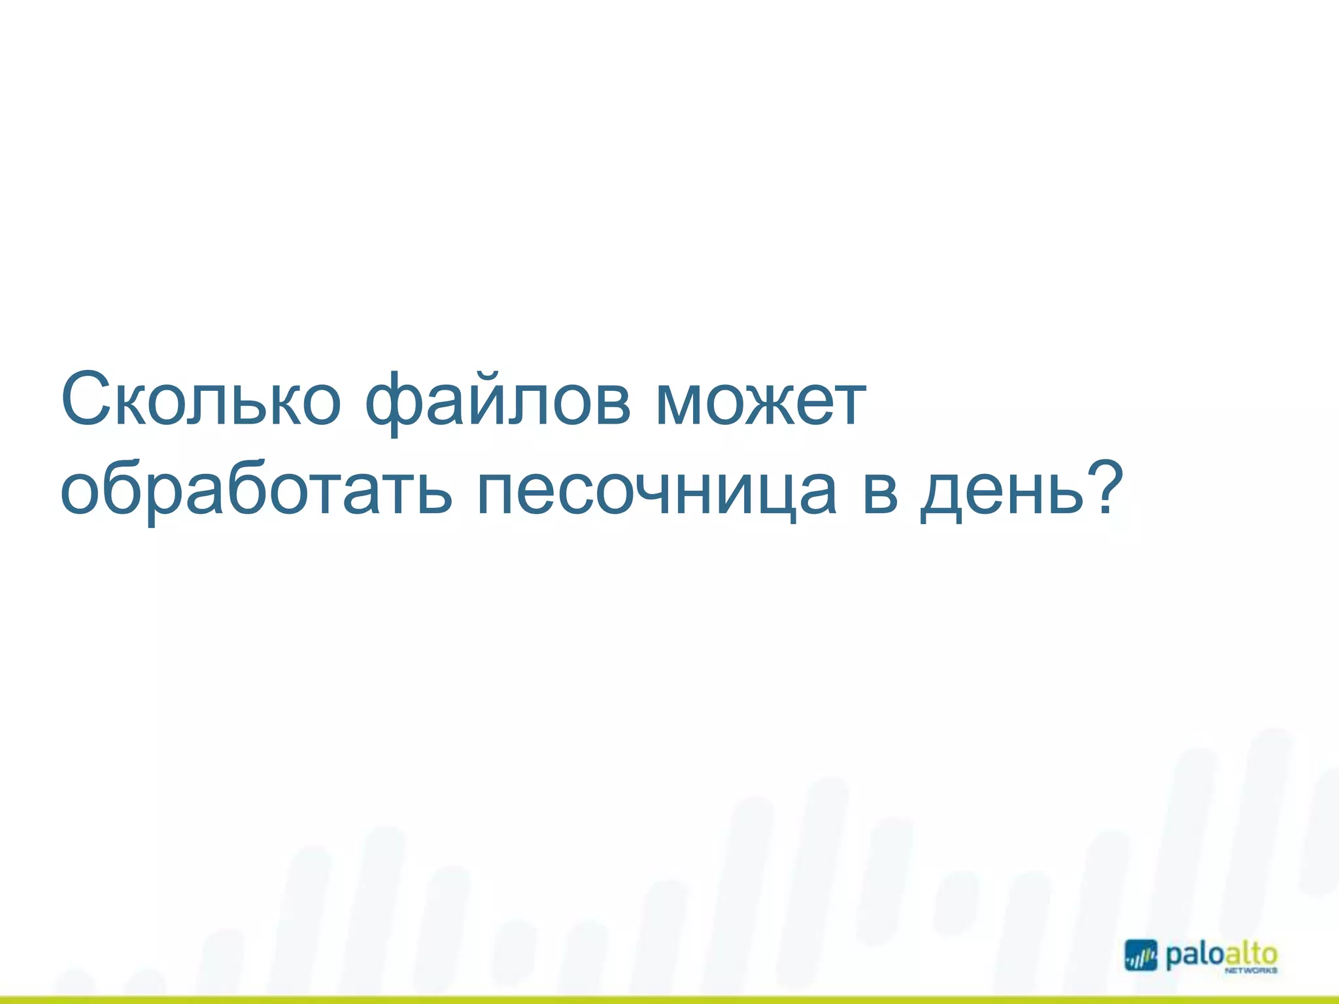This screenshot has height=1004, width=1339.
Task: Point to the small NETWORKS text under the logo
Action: (x=1251, y=972)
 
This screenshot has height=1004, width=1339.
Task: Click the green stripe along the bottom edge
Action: (x=669, y=999)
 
